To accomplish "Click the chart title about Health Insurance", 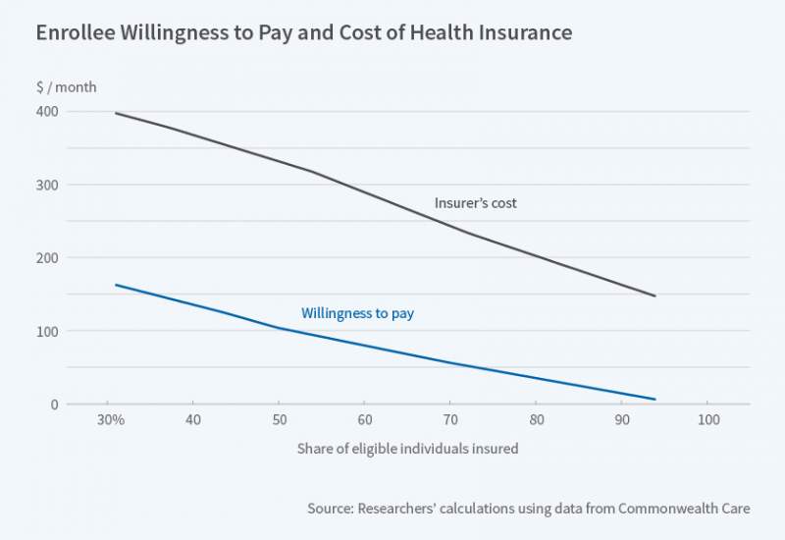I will point(303,32).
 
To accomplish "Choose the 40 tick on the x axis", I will point(192,420).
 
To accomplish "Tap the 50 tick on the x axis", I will point(279,420).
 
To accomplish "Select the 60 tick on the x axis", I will point(364,420).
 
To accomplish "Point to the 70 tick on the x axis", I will point(449,420).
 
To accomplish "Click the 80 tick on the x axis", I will point(536,420).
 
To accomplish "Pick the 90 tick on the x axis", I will point(621,420).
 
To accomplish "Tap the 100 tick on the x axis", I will point(707,420).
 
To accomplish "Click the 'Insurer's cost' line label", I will point(475,204).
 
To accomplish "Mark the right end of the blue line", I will point(654,400).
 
